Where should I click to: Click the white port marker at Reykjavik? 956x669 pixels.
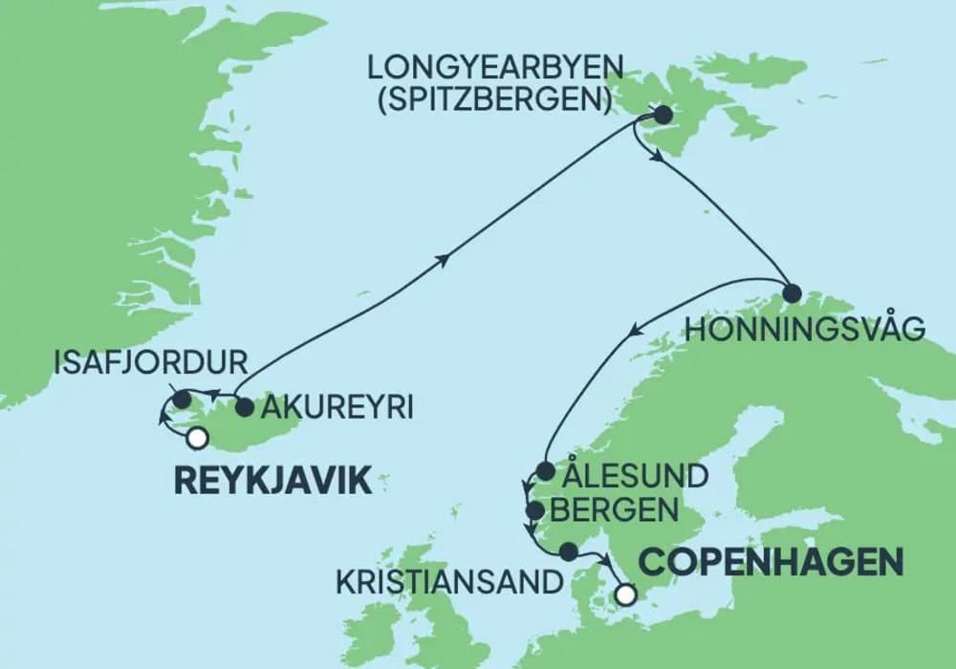197,439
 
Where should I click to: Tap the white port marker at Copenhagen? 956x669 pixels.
625,594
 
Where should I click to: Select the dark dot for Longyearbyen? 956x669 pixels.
662,117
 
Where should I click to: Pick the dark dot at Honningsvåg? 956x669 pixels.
791,292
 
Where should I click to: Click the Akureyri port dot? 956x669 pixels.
244,407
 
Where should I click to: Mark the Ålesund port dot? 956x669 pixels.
544,471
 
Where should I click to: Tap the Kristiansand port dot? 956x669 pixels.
569,551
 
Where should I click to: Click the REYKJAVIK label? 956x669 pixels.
272,482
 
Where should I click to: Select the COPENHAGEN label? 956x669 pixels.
771,562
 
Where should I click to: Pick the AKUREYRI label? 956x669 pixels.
337,408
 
